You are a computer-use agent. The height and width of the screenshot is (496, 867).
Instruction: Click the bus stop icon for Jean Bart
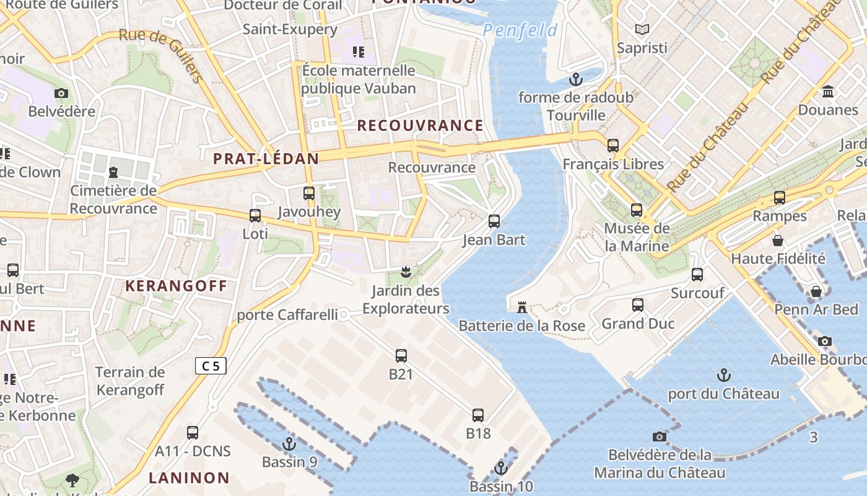(x=494, y=221)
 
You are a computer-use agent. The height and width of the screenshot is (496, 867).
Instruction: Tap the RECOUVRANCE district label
(x=420, y=125)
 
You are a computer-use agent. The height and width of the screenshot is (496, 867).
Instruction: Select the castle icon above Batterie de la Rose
(x=521, y=307)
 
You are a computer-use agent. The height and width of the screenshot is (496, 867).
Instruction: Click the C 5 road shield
(x=211, y=366)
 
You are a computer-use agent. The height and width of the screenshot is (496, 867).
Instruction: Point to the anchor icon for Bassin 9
(x=289, y=444)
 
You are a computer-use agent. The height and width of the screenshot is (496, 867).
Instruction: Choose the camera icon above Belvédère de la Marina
(x=660, y=436)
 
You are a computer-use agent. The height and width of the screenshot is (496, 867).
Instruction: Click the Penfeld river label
(x=520, y=30)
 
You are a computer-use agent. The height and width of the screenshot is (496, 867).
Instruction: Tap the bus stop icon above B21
(x=401, y=356)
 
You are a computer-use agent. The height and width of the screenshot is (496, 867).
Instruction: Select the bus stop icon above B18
(x=478, y=415)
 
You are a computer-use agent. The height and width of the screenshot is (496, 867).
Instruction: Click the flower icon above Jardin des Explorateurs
(x=406, y=272)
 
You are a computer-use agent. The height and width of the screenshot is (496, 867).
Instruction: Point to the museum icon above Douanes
(x=828, y=92)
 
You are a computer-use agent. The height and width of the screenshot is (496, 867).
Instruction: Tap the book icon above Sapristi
(x=642, y=29)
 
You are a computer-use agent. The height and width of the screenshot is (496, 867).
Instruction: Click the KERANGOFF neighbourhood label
(x=176, y=286)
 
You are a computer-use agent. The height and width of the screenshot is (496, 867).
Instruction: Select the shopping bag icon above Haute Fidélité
(x=778, y=240)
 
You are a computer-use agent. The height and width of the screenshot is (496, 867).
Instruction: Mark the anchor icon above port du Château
(x=723, y=375)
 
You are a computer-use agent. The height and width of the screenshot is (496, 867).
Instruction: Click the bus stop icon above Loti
(x=255, y=216)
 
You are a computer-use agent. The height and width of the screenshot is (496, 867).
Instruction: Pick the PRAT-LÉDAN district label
(x=266, y=159)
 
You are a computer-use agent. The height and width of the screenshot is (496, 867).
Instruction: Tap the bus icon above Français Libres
(x=613, y=146)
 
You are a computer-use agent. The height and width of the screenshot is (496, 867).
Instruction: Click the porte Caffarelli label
(x=287, y=315)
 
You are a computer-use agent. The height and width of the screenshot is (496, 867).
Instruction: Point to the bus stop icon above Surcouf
(x=697, y=274)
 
